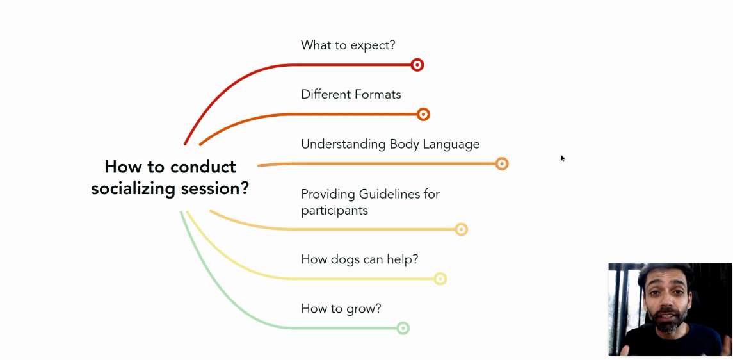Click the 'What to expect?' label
348,45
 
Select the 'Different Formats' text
351,95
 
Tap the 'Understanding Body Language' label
390,145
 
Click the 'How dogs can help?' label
359,259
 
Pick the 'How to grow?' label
341,309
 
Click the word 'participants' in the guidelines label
334,211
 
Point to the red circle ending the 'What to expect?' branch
417,65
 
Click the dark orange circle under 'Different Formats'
423,115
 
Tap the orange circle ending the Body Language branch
502,164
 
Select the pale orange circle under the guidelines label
462,229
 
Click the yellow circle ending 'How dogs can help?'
440,279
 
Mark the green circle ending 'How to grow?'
403,328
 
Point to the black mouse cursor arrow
563,158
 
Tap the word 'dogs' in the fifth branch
346,259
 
